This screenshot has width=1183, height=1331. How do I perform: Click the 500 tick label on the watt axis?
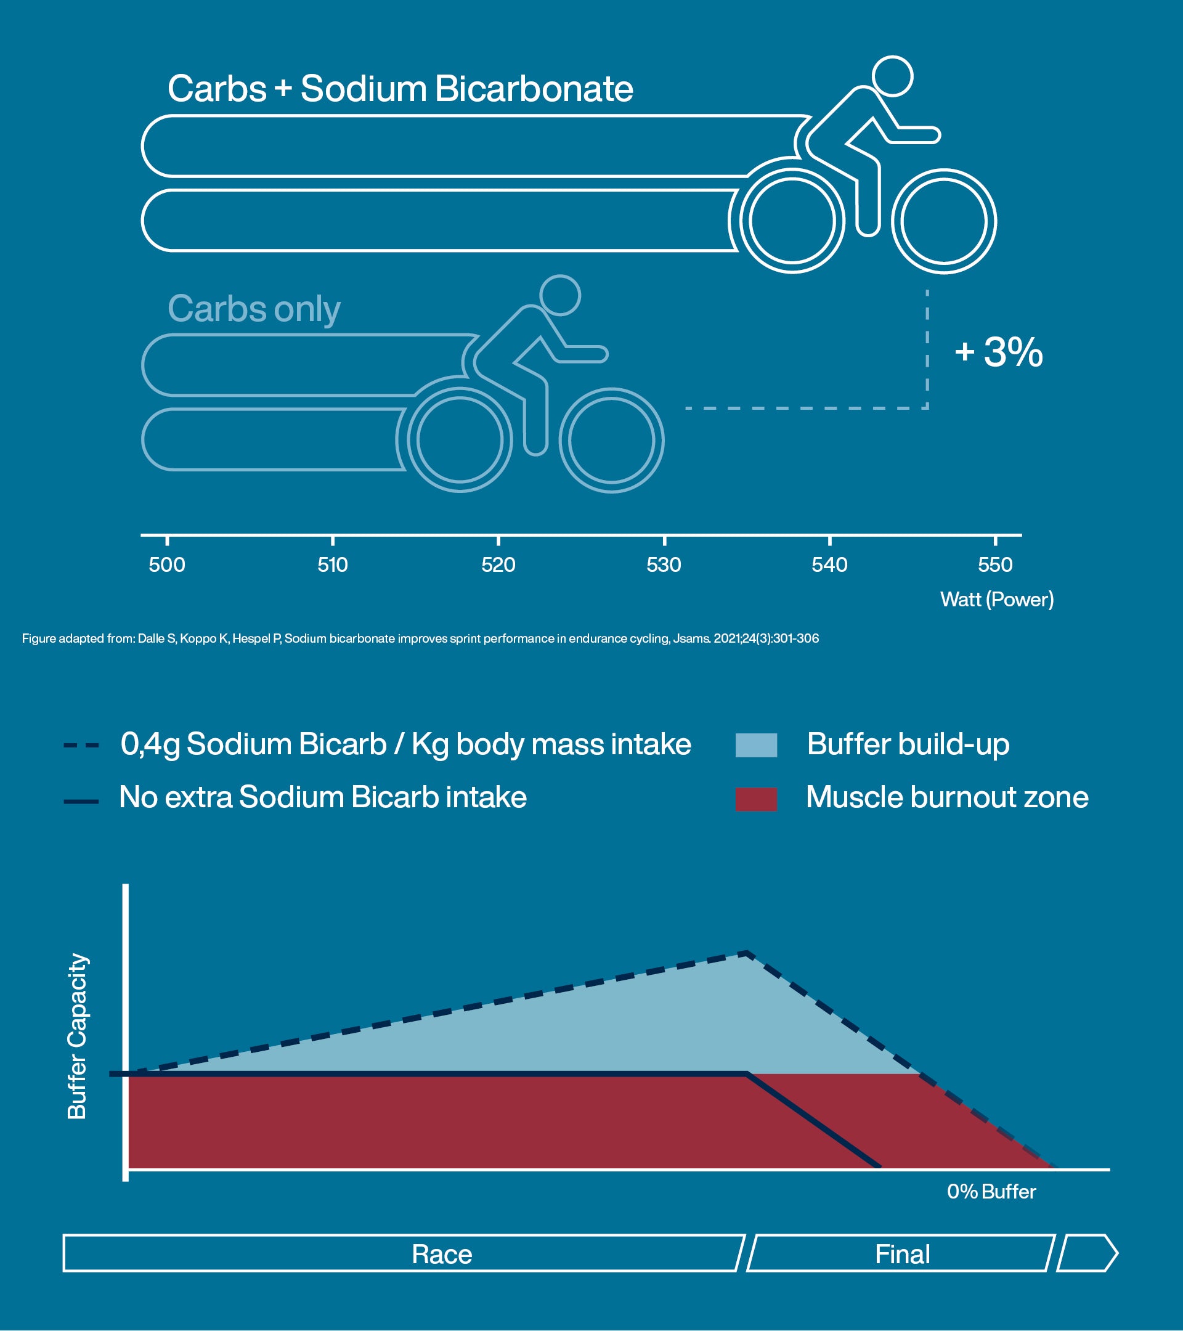(x=167, y=564)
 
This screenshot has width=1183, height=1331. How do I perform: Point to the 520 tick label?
(x=498, y=564)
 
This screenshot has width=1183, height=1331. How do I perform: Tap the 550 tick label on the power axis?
(x=995, y=564)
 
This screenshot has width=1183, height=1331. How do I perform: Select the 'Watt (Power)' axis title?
(x=997, y=599)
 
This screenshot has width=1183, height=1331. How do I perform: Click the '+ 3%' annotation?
(x=999, y=352)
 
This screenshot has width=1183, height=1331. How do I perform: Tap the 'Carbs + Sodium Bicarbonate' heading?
(x=400, y=89)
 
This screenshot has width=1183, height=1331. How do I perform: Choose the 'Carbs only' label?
(x=254, y=309)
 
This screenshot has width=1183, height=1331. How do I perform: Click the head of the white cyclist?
(x=892, y=76)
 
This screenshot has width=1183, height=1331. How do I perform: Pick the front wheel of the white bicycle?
(x=943, y=221)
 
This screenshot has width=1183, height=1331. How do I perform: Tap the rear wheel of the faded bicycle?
(x=460, y=440)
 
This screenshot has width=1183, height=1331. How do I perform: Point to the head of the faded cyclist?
(x=560, y=295)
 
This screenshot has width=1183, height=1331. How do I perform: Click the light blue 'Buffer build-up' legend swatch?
(x=756, y=745)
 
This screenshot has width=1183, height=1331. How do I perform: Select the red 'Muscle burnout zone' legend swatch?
(x=756, y=799)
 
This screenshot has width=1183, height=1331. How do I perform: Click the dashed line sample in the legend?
(x=81, y=745)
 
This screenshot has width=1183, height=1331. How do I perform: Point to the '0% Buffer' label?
(x=991, y=1192)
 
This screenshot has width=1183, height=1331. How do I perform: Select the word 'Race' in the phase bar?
(x=441, y=1254)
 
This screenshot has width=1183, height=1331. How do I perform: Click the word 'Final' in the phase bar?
(x=902, y=1254)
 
